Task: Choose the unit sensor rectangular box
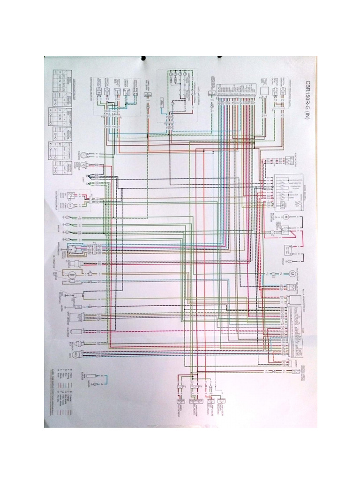[x=84, y=318]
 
